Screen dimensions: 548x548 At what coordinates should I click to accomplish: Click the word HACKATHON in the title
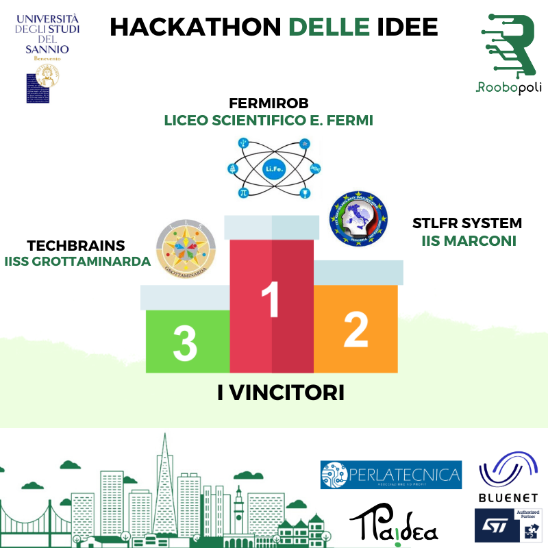click(x=195, y=27)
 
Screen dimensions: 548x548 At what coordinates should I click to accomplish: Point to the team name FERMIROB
click(x=269, y=104)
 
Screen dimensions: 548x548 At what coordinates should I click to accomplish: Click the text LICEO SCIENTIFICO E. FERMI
click(x=269, y=121)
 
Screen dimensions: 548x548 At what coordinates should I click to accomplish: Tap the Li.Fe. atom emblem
click(x=272, y=167)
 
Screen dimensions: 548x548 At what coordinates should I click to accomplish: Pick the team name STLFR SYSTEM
click(x=466, y=224)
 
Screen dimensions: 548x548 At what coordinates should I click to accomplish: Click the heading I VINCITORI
click(x=280, y=393)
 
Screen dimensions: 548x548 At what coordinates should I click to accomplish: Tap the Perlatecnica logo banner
click(x=390, y=474)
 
